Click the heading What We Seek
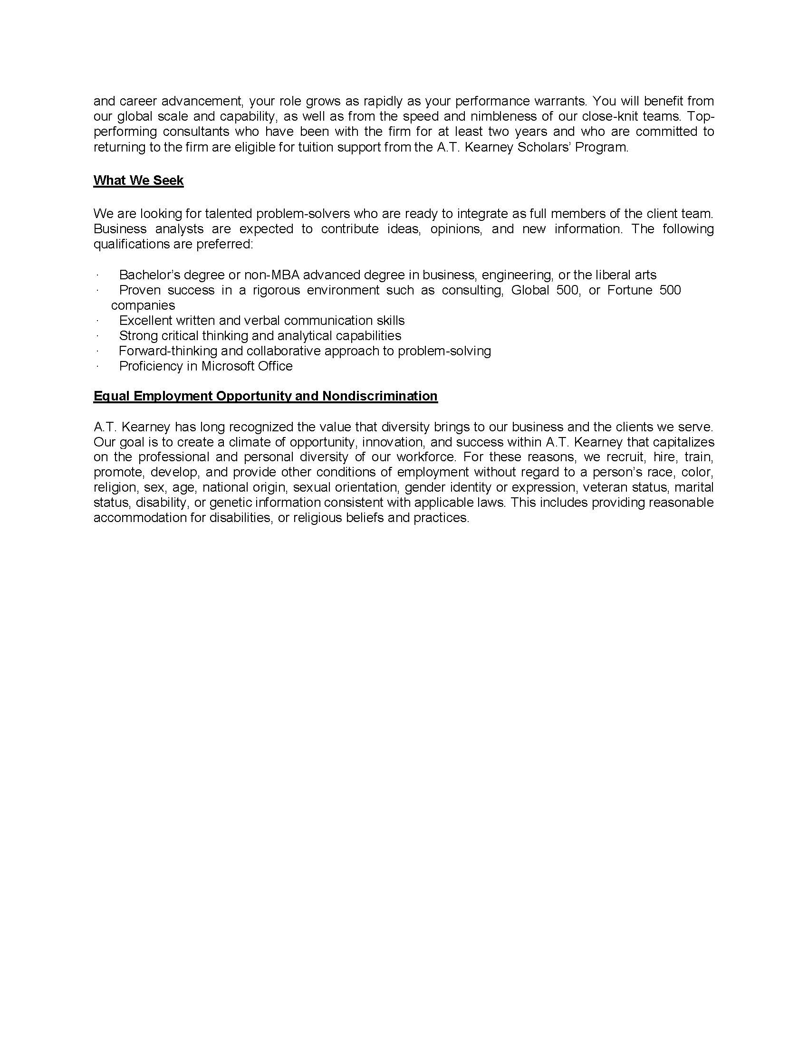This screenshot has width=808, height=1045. coord(138,180)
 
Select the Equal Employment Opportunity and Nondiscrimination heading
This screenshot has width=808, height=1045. coord(265,396)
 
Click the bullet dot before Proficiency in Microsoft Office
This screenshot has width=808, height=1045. coord(97,367)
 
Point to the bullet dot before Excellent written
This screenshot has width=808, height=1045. coord(97,321)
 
